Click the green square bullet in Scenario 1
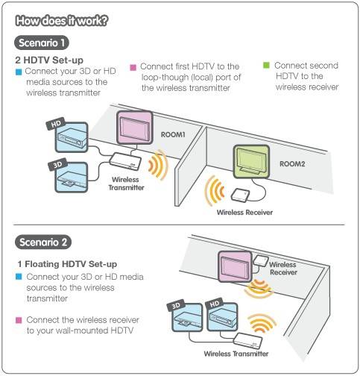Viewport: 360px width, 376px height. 267,66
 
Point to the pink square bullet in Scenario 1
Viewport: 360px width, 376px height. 133,66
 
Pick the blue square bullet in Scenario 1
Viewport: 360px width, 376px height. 19,72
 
